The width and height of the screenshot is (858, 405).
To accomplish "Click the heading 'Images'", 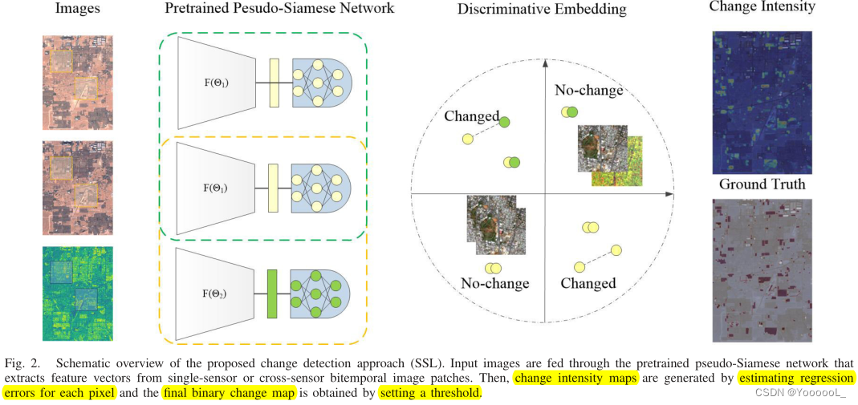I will coord(77,10).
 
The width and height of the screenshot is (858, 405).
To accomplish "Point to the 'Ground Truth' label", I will coord(762,184).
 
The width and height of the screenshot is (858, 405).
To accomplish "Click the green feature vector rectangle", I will coord(272,294).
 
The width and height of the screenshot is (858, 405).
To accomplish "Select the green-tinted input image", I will coord(78,294).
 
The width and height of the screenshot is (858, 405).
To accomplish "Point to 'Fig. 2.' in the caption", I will coord(22,362).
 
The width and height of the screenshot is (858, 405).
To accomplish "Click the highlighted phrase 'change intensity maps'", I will coord(575,377).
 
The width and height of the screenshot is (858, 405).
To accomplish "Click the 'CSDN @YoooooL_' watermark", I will coord(803,392).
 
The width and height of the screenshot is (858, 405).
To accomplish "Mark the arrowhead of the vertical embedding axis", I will coord(545,62).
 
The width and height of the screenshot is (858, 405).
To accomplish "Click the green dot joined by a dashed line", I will coord(505,122).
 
